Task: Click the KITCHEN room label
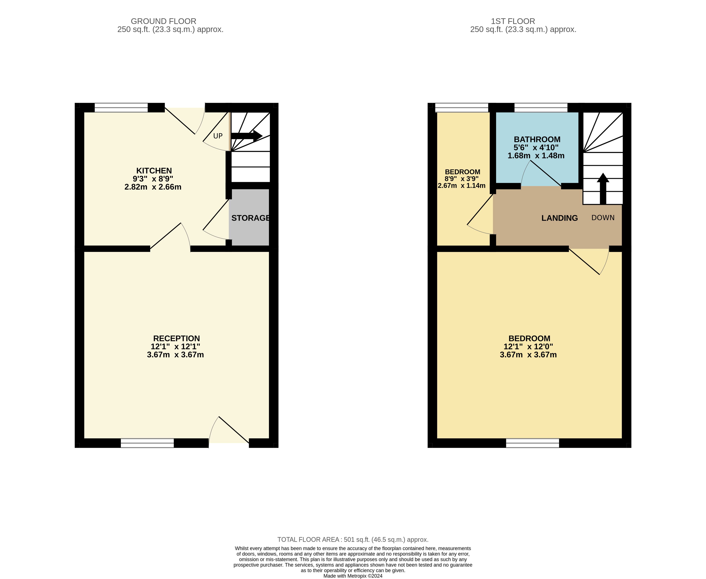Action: click(x=154, y=171)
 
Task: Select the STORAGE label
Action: click(x=251, y=218)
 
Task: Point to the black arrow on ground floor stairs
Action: click(x=247, y=136)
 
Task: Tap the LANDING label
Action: click(x=559, y=218)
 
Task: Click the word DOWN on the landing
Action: click(x=603, y=218)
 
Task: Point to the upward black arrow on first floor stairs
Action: click(x=603, y=189)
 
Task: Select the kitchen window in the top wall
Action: click(x=121, y=108)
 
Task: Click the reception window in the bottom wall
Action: click(x=147, y=443)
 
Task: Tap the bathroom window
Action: click(x=541, y=108)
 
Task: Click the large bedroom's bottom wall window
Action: click(x=532, y=443)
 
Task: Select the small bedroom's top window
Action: click(x=462, y=108)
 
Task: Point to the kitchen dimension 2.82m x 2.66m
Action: click(x=153, y=187)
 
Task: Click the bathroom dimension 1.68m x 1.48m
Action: click(x=536, y=156)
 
